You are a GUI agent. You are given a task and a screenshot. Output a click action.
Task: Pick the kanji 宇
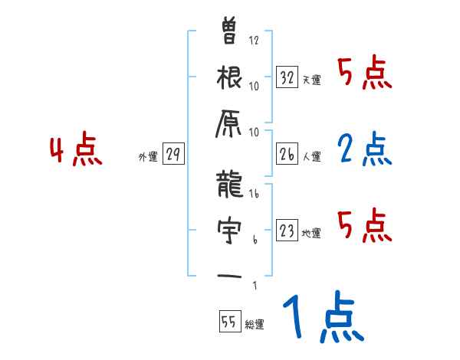pyautogui.click(x=230, y=229)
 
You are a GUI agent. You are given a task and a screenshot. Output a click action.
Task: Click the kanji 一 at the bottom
pyautogui.click(x=230, y=277)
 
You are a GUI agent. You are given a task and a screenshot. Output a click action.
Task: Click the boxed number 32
pyautogui.click(x=287, y=77)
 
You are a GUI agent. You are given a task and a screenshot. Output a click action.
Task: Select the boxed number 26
pyautogui.click(x=287, y=155)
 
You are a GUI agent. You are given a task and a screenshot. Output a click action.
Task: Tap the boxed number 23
pyautogui.click(x=287, y=231)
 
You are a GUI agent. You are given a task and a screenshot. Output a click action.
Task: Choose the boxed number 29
pyautogui.click(x=173, y=155)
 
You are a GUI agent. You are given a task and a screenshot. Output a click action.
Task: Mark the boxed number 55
pyautogui.click(x=228, y=322)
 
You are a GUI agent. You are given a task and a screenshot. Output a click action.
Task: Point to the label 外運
pyautogui.click(x=147, y=157)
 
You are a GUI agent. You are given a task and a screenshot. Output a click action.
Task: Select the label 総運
pyautogui.click(x=254, y=325)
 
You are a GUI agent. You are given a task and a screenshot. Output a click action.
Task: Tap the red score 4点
pyautogui.click(x=75, y=151)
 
